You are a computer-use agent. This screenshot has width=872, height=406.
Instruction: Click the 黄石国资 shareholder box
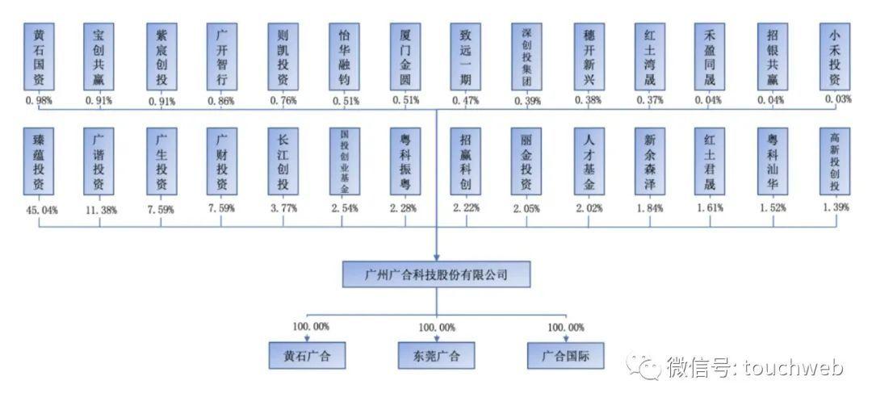(39, 57)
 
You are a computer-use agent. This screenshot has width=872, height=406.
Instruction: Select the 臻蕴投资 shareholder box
(39, 161)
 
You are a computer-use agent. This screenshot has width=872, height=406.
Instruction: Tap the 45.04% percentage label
(39, 210)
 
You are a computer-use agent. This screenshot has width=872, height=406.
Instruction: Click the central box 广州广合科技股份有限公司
(436, 274)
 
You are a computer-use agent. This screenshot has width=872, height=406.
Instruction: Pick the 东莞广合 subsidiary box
(437, 355)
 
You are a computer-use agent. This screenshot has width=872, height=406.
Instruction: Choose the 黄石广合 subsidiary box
(307, 355)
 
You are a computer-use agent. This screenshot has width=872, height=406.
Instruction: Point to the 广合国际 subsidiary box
(565, 355)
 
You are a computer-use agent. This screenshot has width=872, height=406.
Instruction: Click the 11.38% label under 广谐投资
(99, 210)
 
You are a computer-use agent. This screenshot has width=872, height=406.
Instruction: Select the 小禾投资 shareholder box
(835, 57)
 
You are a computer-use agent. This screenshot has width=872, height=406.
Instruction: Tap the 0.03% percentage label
(839, 99)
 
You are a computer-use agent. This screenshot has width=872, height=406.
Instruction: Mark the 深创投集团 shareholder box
(526, 57)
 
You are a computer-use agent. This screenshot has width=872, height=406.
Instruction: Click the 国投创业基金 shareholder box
(344, 161)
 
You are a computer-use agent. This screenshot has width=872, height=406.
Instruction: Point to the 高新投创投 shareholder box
(835, 161)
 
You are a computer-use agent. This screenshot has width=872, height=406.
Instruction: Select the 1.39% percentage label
(836, 207)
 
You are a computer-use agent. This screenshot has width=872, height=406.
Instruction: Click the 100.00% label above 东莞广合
(437, 328)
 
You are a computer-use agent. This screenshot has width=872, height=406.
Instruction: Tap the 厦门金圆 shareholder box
(405, 57)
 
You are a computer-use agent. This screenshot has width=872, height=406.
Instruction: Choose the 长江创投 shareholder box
(283, 161)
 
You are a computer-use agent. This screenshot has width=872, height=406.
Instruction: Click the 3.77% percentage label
(283, 208)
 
